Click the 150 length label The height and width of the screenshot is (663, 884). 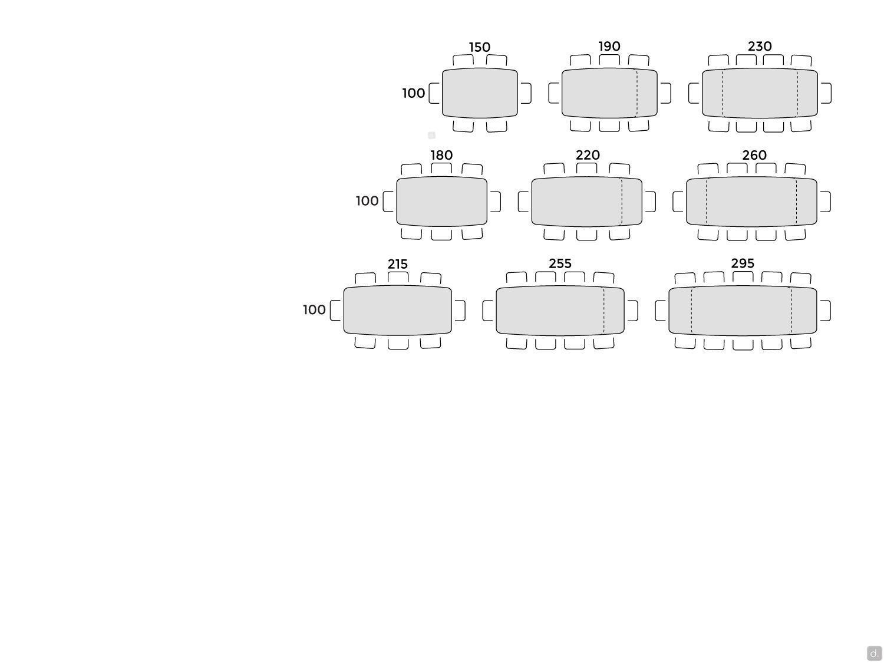pos(479,47)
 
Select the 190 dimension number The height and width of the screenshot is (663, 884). pos(609,47)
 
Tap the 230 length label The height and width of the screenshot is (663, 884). pos(760,47)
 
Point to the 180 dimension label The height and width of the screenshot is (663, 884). pos(441,155)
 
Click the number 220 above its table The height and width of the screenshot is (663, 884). pos(588,155)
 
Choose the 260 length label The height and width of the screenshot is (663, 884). pos(754,155)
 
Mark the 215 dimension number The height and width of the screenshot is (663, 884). pos(397,264)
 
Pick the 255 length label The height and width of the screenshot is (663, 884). pos(560,263)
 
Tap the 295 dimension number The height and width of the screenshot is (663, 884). pos(742,263)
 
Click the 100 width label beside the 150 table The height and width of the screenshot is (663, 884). pos(414,93)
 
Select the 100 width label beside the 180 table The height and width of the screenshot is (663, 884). pos(367,201)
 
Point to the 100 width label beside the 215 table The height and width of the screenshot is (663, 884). pos(314,309)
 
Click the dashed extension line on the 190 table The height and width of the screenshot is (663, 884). pos(636,93)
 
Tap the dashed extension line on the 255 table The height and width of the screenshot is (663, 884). pos(603,311)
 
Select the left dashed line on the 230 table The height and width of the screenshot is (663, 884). pos(722,93)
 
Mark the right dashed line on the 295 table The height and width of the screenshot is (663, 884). pos(791,311)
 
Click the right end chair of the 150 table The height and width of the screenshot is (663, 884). pos(526,93)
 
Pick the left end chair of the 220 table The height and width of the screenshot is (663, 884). pos(523,202)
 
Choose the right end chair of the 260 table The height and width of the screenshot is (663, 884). pos(825,202)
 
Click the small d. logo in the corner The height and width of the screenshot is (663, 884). pos(874,653)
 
